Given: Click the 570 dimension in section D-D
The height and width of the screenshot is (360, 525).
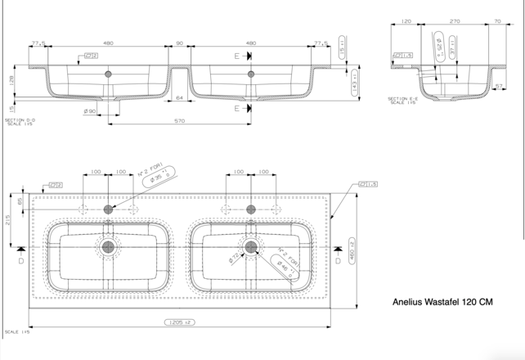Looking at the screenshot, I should tap(179, 121).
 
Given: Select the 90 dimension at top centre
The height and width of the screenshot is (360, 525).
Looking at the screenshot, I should tap(179, 43).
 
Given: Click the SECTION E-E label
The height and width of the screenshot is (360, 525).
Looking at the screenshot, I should tap(402, 100).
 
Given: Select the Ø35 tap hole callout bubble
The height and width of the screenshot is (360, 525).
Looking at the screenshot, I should tap(159, 180).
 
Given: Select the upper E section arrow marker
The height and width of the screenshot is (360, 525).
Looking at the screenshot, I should tap(243, 56).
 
